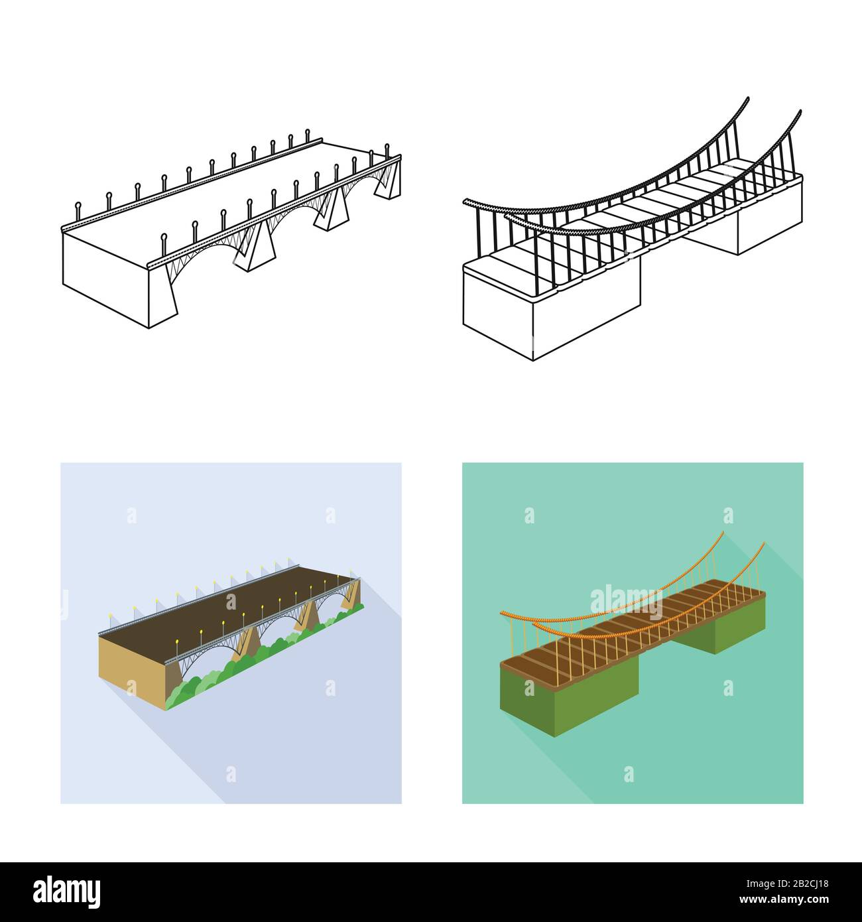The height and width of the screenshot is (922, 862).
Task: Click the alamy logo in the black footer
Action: point(66,893)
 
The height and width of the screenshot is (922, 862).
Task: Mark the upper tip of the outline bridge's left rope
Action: point(748,98)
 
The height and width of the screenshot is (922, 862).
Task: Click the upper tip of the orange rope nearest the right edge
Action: point(764,542)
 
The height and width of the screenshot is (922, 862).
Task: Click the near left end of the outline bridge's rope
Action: point(465,202)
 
